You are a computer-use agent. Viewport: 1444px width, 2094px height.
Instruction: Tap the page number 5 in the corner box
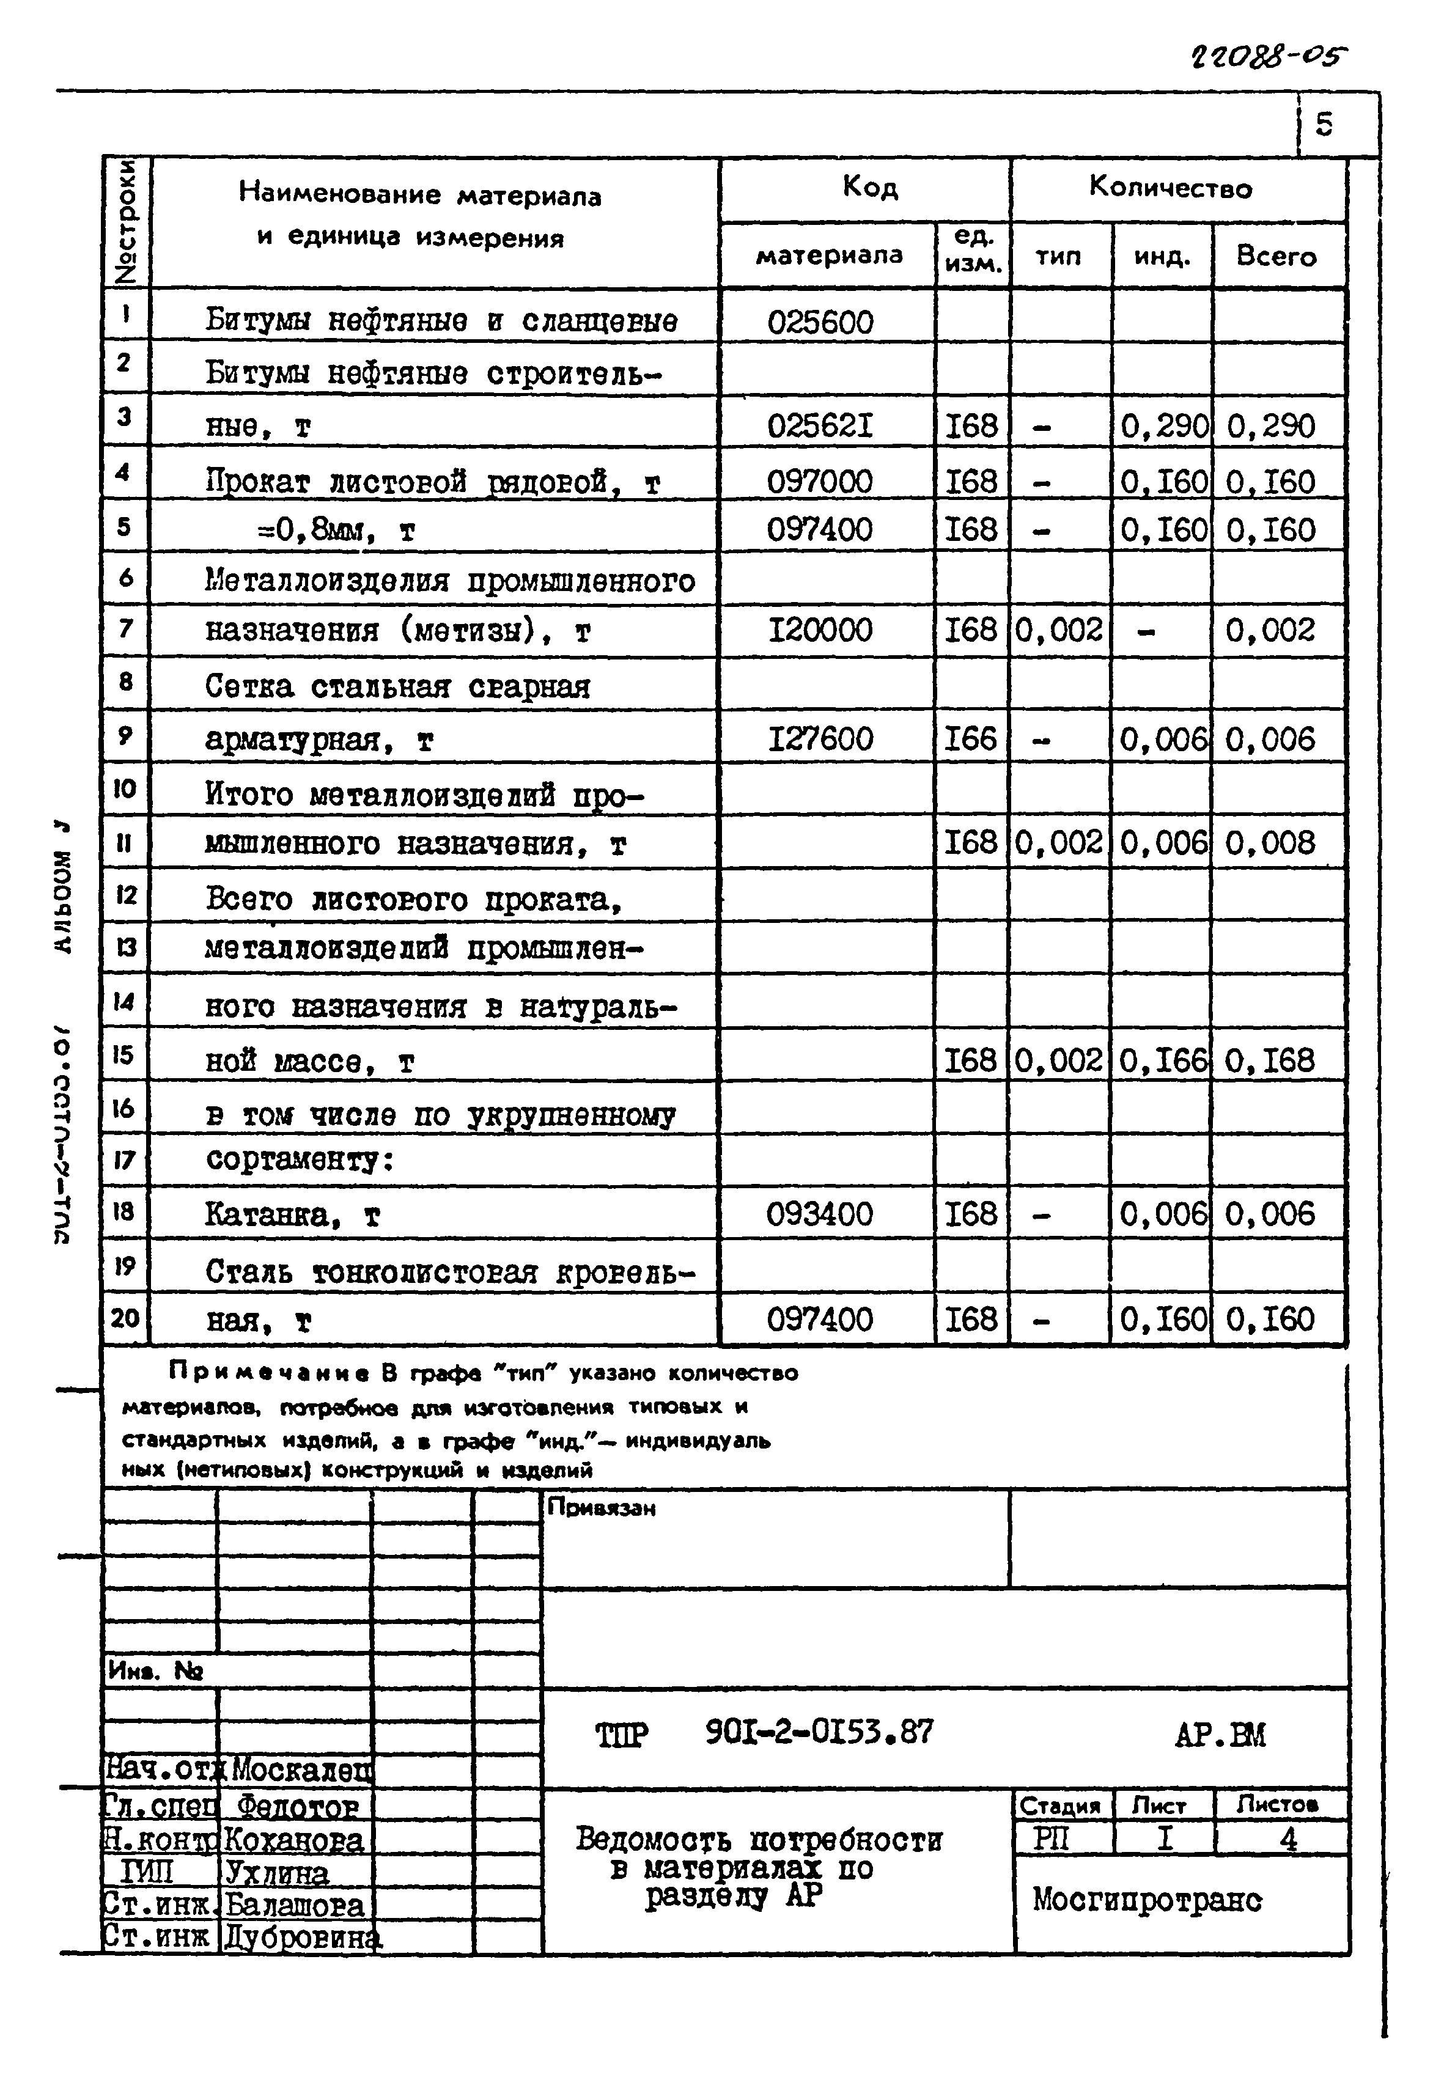point(1324,123)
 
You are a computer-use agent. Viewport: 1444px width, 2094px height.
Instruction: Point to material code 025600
point(820,322)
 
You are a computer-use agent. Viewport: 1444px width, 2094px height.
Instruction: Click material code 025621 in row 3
point(820,425)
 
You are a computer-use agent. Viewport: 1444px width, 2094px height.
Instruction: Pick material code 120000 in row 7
point(820,630)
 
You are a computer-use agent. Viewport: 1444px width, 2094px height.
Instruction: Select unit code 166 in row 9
point(971,738)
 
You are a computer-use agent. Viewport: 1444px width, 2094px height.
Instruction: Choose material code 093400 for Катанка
point(820,1214)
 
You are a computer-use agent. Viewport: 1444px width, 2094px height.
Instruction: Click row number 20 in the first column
point(125,1317)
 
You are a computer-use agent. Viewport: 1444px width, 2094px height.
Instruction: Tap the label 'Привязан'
point(601,1508)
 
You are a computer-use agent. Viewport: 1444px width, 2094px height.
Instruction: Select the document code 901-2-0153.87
point(819,1732)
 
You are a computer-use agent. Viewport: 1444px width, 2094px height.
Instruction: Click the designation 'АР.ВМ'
point(1220,1733)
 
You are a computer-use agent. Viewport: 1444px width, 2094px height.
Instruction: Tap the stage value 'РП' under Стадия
point(1052,1839)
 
